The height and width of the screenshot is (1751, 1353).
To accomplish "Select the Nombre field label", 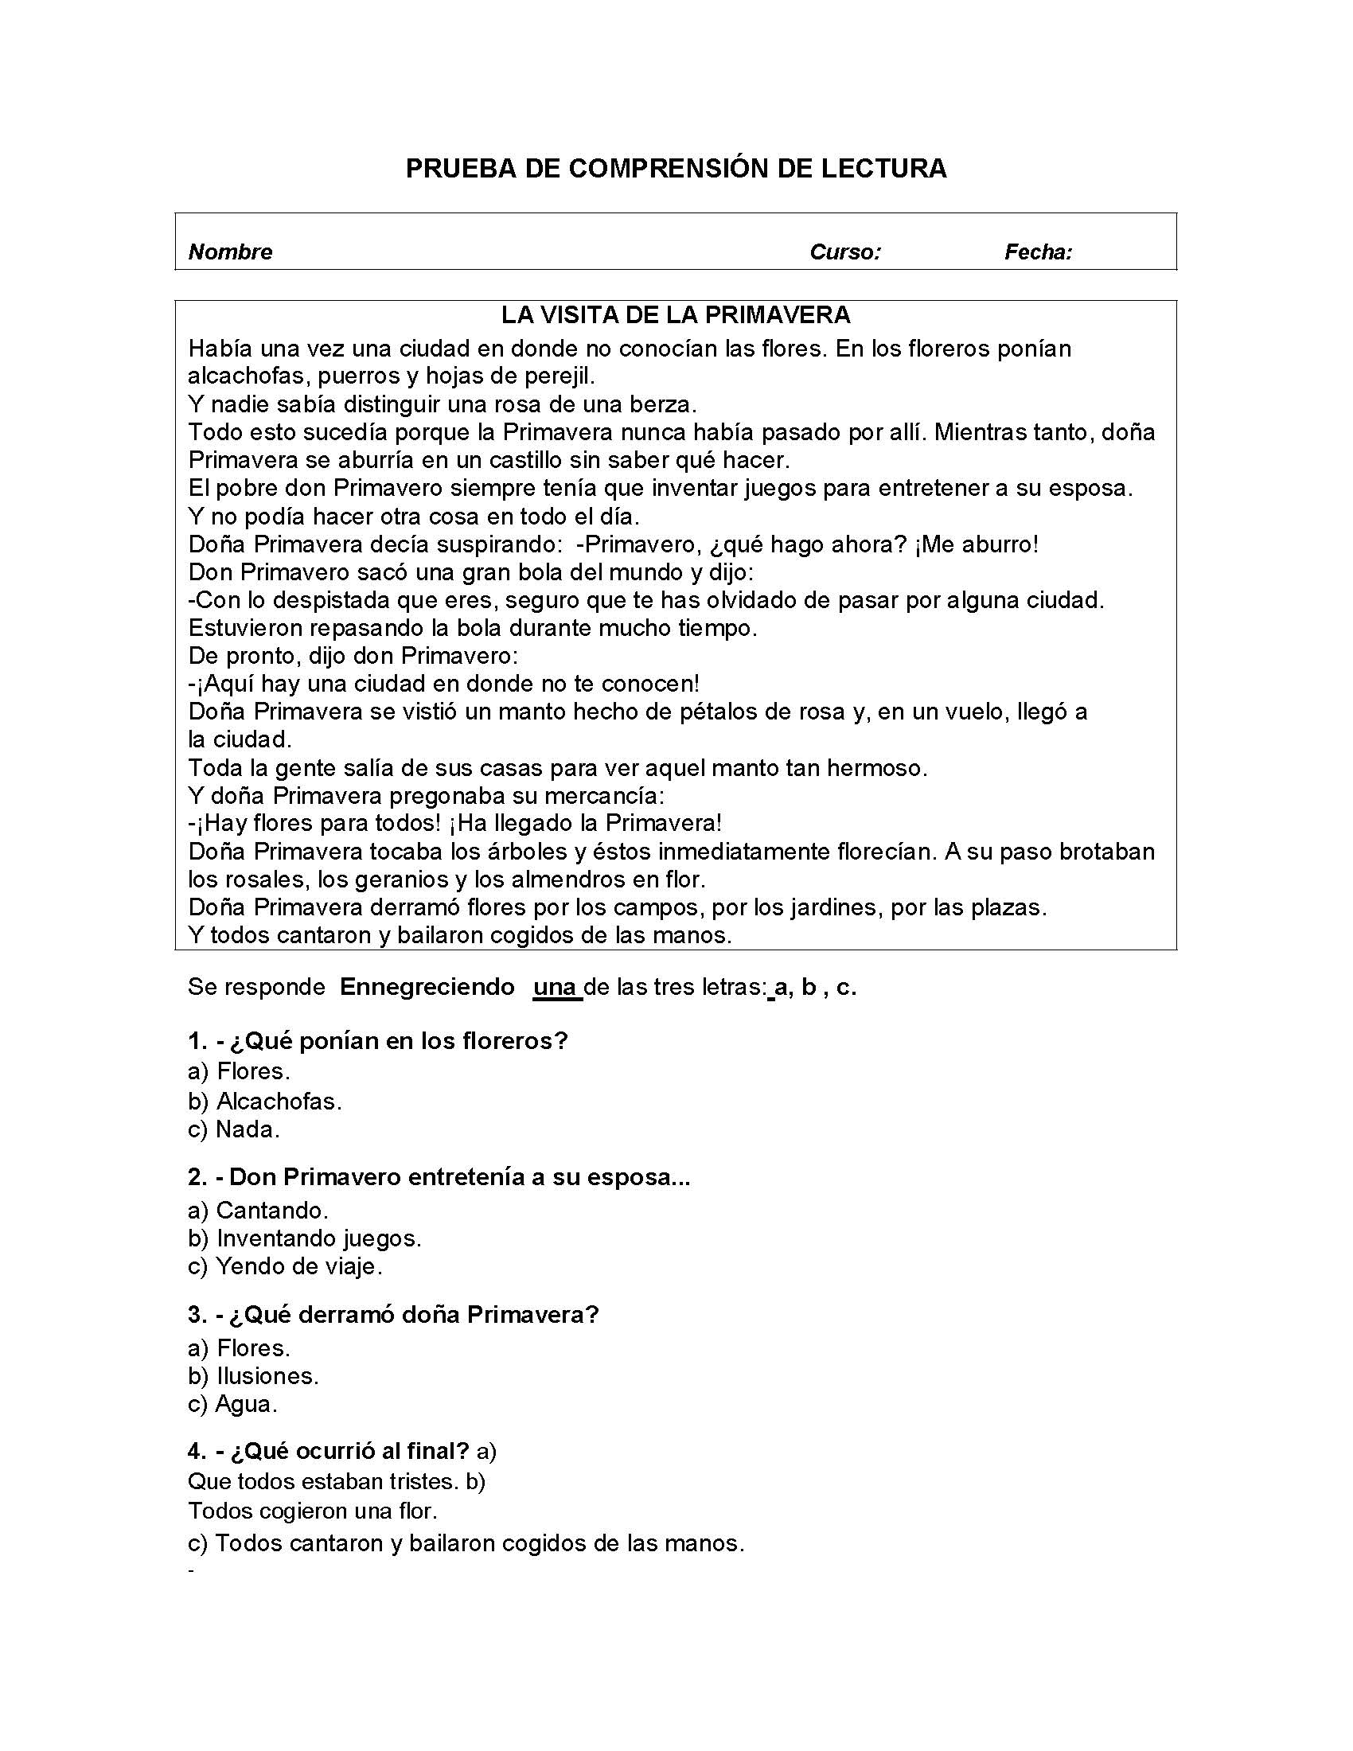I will pyautogui.click(x=230, y=252).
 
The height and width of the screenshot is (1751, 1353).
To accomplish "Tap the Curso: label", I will pyautogui.click(x=844, y=252).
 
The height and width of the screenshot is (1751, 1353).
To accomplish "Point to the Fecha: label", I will pyautogui.click(x=1038, y=252).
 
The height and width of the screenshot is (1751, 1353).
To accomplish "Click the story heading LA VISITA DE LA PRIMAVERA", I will pyautogui.click(x=676, y=315).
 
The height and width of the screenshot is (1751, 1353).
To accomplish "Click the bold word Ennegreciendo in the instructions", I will pyautogui.click(x=427, y=987).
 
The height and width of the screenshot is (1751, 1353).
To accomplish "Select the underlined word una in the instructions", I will pyautogui.click(x=555, y=987).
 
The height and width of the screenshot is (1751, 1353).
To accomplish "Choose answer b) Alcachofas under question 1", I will pyautogui.click(x=264, y=1101).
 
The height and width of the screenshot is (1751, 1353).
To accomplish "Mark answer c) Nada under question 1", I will pyautogui.click(x=233, y=1129).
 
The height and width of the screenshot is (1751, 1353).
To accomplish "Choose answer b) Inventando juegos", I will pyautogui.click(x=305, y=1238).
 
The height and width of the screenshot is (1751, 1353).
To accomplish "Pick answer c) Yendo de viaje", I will pyautogui.click(x=285, y=1267).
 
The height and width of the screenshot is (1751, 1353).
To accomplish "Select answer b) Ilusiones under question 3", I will pyautogui.click(x=253, y=1376).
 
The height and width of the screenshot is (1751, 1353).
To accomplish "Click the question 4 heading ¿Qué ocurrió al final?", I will pyautogui.click(x=329, y=1451).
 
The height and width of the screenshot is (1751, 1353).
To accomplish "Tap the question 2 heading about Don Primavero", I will pyautogui.click(x=439, y=1177).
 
